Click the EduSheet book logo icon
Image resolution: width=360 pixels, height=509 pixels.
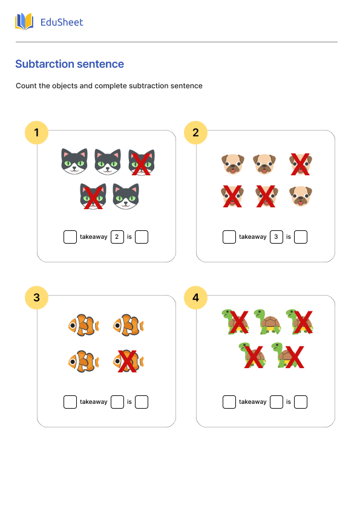24,22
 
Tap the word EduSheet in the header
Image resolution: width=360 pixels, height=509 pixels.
61,22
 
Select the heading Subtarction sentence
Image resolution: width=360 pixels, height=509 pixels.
70,64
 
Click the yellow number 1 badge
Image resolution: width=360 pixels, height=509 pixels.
37,132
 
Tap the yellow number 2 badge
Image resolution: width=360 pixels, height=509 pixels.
195,132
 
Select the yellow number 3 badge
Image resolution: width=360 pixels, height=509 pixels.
37,297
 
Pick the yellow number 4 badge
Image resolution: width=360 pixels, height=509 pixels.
195,297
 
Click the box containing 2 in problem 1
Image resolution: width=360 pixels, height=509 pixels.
117,237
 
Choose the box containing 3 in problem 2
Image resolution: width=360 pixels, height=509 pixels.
276,237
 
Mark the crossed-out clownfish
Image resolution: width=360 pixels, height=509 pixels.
128,361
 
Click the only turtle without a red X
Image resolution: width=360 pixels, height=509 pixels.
267,322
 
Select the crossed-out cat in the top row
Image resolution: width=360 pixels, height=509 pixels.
141,162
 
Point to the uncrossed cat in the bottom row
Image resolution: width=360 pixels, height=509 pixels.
126,196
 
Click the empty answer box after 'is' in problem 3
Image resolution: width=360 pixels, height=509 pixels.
142,402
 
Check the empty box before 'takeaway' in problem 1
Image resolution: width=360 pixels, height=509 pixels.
70,237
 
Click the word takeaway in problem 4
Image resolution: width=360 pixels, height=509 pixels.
252,402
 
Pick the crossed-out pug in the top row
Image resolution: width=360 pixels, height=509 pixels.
300,163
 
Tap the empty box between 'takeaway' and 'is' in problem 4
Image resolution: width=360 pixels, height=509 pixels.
276,402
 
